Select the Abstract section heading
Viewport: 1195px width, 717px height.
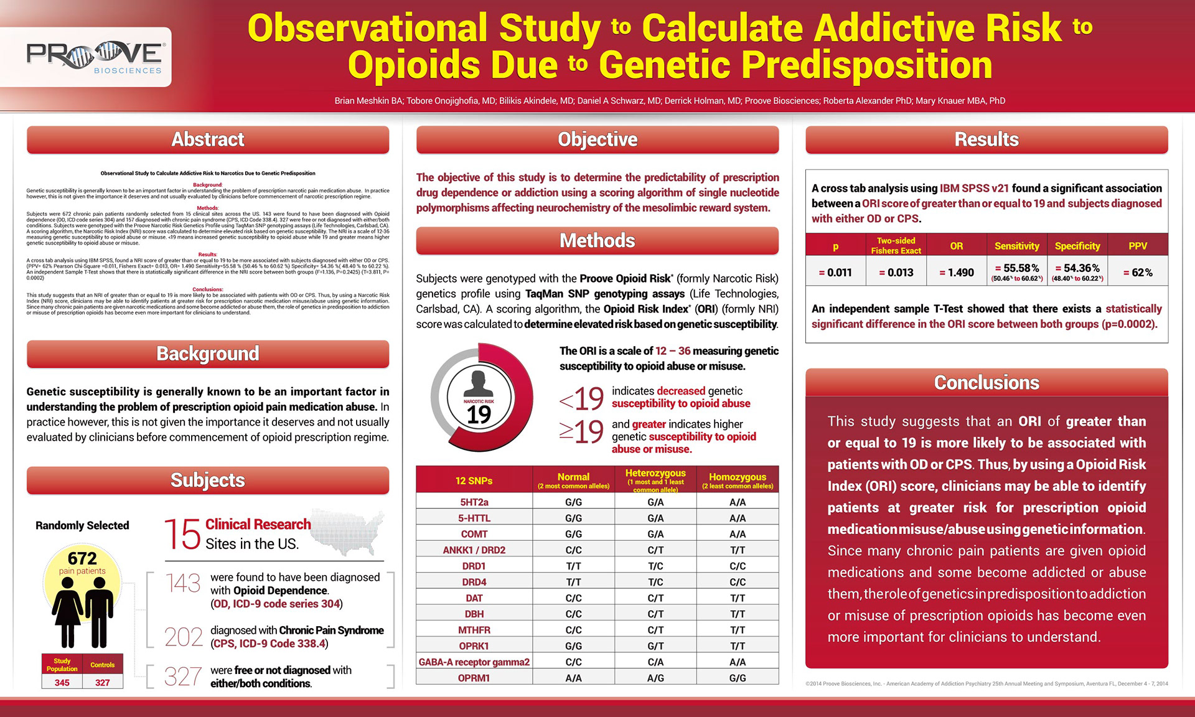[208, 139]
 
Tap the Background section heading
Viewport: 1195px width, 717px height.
[208, 354]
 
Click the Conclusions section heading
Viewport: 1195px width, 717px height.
[986, 382]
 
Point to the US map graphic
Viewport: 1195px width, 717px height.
[348, 532]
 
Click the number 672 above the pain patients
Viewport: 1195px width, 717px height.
[82, 558]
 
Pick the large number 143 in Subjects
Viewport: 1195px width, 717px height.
[183, 583]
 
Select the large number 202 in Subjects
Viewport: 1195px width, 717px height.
[184, 637]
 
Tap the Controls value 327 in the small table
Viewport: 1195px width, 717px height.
[102, 683]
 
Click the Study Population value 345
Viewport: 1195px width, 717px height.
[62, 683]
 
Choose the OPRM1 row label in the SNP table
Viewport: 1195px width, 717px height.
[474, 678]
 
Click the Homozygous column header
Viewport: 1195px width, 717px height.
[738, 480]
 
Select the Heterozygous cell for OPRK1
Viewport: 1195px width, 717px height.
[655, 646]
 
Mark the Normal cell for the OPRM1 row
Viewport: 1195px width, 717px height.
[573, 678]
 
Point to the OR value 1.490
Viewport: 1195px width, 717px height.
[957, 273]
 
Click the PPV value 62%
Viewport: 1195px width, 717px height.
[1138, 273]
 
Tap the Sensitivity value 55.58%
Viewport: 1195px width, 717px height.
[1017, 268]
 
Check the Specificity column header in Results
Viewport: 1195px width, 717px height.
[1077, 246]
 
